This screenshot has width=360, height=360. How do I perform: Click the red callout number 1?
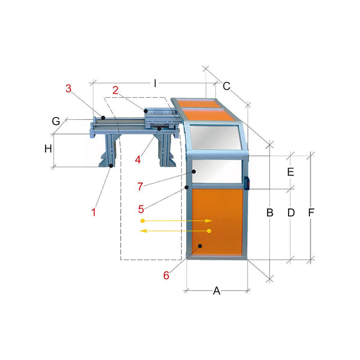tap(93, 212)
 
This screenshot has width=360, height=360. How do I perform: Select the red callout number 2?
tap(115, 90)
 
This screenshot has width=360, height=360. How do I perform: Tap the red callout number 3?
tap(69, 88)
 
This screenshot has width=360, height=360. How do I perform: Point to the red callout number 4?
tap(138, 160)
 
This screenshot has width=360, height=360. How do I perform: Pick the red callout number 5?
tap(141, 209)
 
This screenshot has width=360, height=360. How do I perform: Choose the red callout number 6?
tap(166, 275)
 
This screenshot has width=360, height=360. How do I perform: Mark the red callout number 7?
tap(140, 186)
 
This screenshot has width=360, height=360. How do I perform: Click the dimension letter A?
tap(217, 291)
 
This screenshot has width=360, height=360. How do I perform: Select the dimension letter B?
tap(270, 213)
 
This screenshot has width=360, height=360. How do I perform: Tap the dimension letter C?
tap(226, 86)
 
